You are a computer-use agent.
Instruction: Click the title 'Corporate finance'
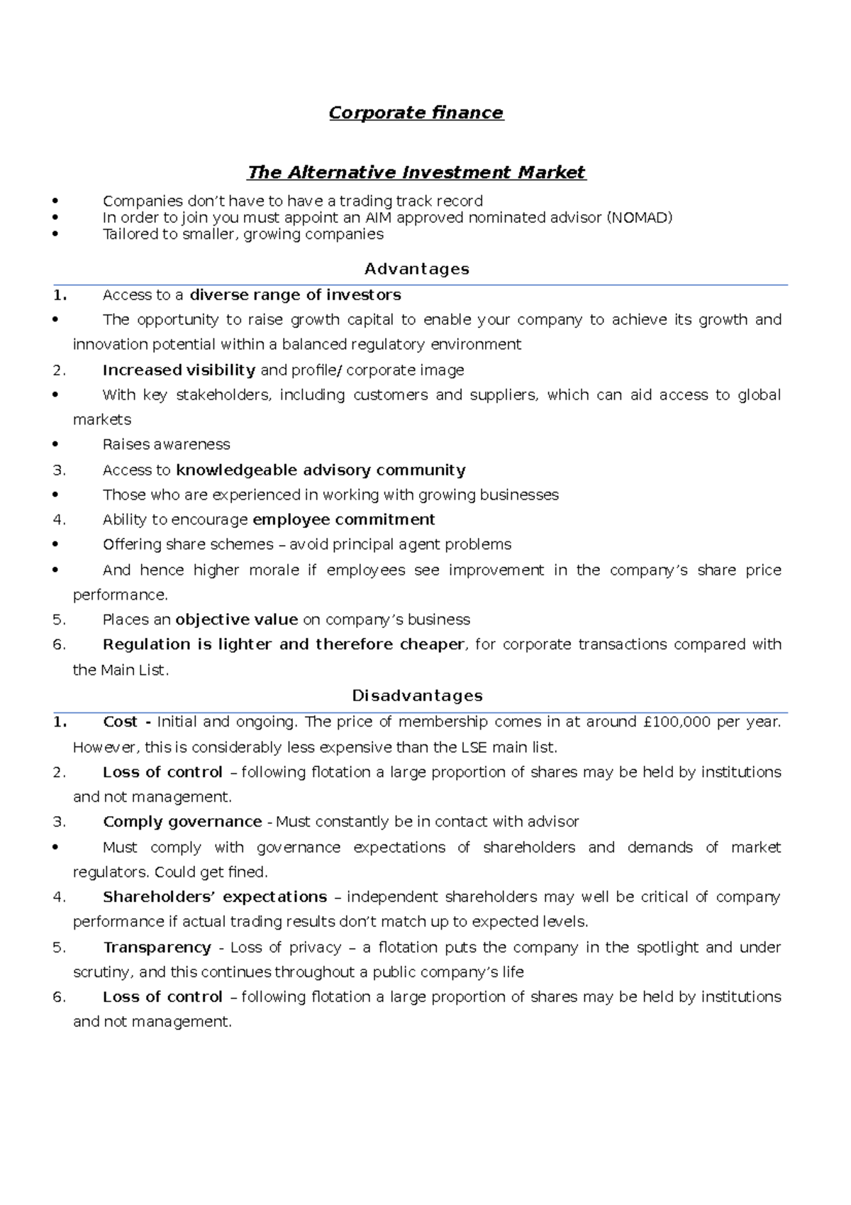tap(416, 113)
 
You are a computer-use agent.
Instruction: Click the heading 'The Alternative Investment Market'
tap(416, 172)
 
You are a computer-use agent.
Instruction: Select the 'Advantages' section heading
tap(416, 269)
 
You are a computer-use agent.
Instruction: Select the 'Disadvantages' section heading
tap(417, 695)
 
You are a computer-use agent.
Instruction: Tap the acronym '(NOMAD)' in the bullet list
tap(639, 218)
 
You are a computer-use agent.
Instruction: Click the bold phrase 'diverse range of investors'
tap(295, 295)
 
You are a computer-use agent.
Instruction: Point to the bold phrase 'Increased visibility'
tap(179, 370)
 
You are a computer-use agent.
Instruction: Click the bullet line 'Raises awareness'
tap(166, 444)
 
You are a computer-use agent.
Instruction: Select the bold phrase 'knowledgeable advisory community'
tap(321, 470)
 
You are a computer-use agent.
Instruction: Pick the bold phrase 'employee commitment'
tap(343, 519)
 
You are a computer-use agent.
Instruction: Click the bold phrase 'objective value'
tap(236, 620)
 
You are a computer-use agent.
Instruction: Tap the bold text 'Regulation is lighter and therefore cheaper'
tap(283, 644)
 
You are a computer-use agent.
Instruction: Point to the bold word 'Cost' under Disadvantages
tap(120, 722)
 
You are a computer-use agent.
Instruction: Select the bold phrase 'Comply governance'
tap(182, 822)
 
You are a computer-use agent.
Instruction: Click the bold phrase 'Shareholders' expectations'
tap(215, 897)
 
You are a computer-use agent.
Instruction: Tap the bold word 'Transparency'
tap(157, 947)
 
